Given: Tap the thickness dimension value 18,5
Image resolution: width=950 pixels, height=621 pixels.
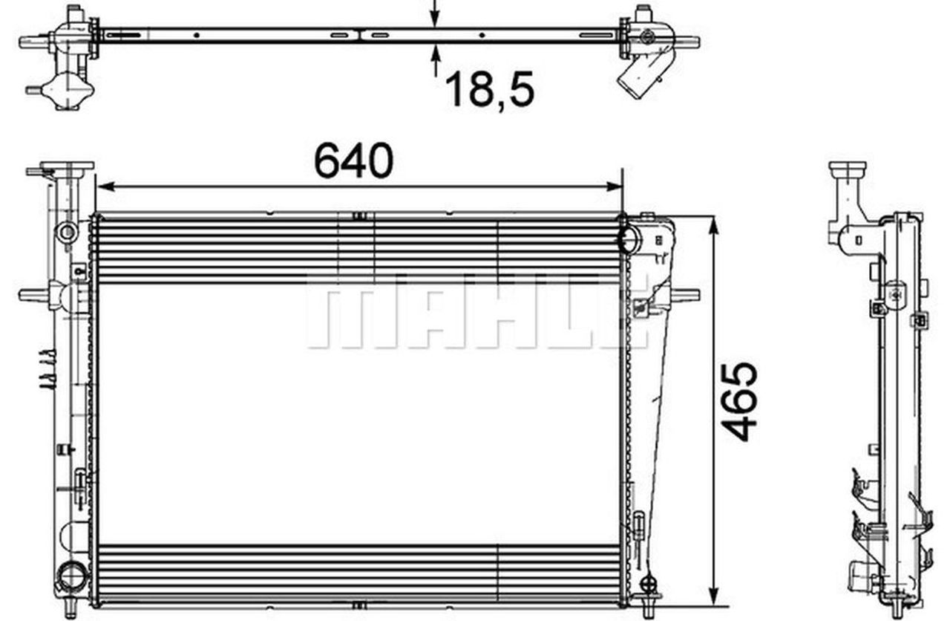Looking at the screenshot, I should point(490,90).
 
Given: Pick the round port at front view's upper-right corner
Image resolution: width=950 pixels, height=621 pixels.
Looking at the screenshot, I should point(629,239).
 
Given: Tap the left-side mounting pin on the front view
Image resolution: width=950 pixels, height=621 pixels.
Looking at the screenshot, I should point(33,295).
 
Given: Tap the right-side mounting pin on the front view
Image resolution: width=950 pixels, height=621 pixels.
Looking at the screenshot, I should point(686,295).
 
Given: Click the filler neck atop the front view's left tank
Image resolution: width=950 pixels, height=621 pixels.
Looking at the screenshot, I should point(67,168).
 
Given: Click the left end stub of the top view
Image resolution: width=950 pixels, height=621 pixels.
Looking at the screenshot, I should point(34,42).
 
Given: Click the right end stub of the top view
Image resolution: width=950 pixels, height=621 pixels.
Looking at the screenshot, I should point(686,42).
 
